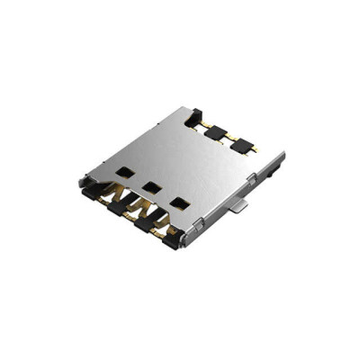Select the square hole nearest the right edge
[x=181, y=202]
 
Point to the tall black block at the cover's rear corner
[x=193, y=115]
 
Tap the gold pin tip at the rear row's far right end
[x=256, y=148]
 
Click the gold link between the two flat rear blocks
[x=229, y=137]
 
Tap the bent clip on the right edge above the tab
[x=252, y=181]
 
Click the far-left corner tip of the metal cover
[x=81, y=179]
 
